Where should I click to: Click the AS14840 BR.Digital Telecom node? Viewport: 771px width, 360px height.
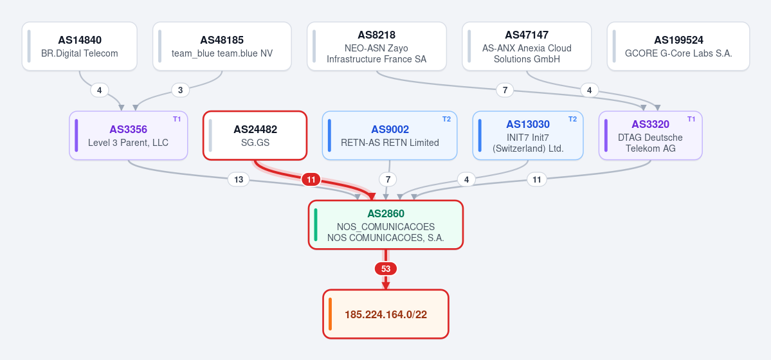[x=80, y=46]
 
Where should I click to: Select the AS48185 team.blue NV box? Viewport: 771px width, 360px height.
[x=222, y=46]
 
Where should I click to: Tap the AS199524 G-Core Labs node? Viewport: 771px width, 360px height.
[x=678, y=46]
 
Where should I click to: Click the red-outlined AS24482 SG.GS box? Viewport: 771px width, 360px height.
[x=255, y=135]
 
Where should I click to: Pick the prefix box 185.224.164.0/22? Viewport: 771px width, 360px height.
[x=386, y=314]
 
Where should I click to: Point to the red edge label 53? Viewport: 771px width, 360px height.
[x=386, y=269]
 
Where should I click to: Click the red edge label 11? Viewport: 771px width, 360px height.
[x=311, y=180]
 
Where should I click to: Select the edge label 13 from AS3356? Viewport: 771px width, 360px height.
[x=239, y=179]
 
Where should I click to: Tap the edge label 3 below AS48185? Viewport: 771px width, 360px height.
[x=181, y=90]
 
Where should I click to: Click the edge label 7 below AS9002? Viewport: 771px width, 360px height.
[x=388, y=179]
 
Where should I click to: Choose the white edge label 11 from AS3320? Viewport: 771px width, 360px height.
[x=537, y=179]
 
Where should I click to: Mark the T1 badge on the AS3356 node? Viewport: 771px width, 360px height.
[x=177, y=119]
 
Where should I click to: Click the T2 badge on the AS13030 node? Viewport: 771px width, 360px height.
[x=573, y=119]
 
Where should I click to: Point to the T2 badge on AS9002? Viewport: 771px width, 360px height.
[x=446, y=119]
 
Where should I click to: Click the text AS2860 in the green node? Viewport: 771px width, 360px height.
[x=386, y=214]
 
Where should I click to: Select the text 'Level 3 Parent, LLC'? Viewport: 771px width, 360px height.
[x=129, y=143]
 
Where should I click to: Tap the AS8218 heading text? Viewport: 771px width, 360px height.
[x=377, y=35]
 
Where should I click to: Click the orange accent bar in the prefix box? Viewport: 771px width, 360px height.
[x=331, y=314]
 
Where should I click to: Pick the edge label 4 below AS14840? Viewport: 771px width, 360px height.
[x=99, y=90]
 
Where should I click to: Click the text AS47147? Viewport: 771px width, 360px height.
[x=527, y=35]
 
